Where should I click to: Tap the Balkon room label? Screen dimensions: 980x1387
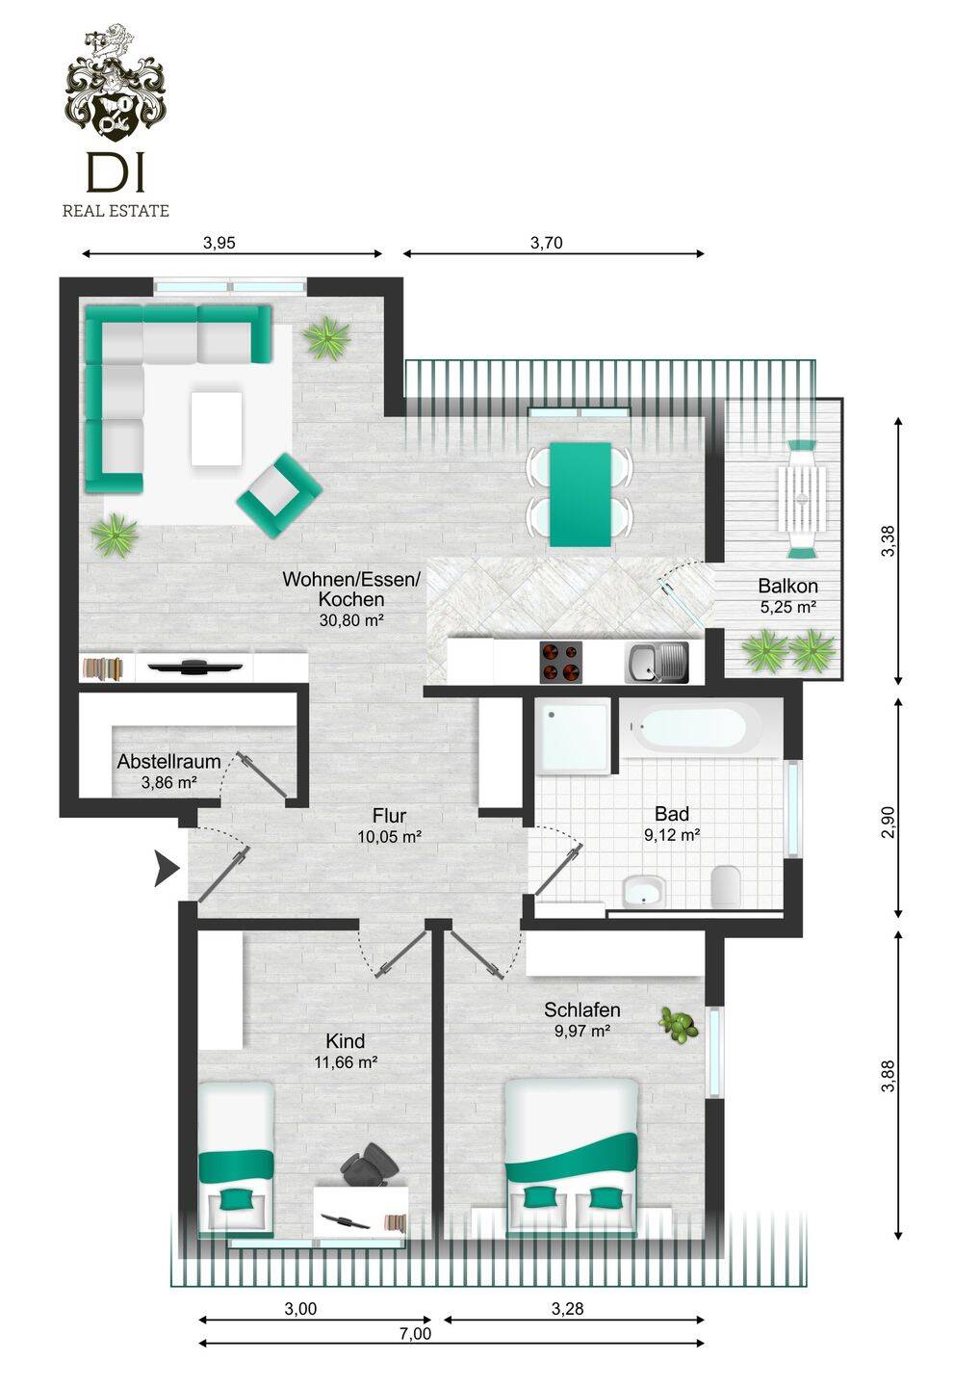(787, 586)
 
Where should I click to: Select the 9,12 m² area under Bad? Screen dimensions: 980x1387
(672, 835)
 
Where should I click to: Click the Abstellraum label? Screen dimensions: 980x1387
(168, 761)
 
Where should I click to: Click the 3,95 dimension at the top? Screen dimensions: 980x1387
(219, 243)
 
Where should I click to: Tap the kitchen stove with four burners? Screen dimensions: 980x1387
(560, 662)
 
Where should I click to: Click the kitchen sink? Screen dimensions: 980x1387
(658, 663)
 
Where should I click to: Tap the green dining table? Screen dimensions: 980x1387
(580, 494)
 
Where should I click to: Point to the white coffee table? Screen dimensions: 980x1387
(217, 428)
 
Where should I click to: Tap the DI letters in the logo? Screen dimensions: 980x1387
(116, 171)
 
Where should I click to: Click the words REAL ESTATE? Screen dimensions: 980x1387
(116, 211)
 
